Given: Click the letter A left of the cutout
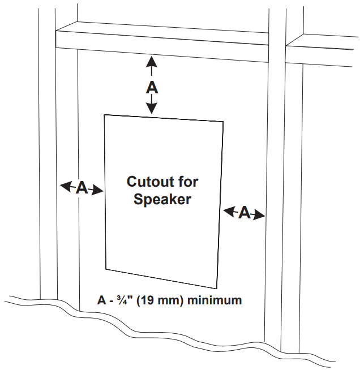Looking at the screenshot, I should [82, 188].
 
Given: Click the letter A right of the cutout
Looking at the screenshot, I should [245, 213].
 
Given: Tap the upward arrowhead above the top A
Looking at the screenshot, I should [151, 61].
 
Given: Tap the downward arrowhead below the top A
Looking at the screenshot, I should [152, 109].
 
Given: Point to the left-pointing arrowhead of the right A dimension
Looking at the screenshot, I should [228, 210].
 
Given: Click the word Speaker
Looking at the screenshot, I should [162, 199].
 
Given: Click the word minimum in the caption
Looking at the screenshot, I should [215, 300].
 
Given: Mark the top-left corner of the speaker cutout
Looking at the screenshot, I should [104, 115].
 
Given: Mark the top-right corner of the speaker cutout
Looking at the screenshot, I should [222, 122].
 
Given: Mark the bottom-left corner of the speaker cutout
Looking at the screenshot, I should [107, 267].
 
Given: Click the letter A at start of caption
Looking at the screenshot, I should [102, 300].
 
